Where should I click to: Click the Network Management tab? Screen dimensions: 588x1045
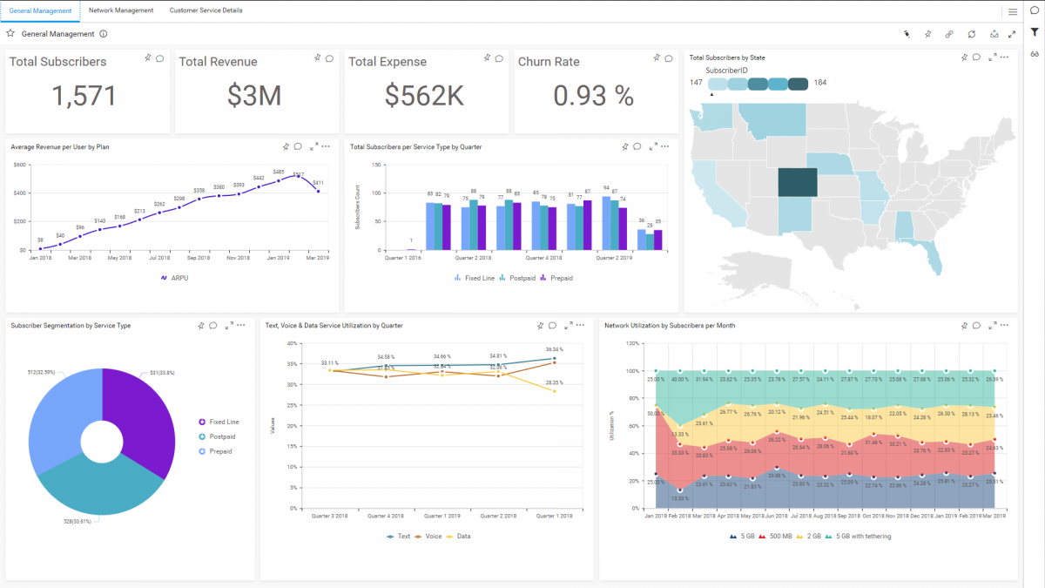tap(121, 10)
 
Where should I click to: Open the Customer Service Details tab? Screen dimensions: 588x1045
tap(206, 10)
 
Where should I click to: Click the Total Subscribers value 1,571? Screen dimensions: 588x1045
tap(84, 96)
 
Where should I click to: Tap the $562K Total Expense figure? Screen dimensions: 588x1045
tap(424, 96)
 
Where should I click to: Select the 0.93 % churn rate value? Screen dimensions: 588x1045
tap(593, 96)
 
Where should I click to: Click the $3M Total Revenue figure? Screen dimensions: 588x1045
tap(254, 96)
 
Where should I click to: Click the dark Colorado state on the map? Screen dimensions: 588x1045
tap(798, 183)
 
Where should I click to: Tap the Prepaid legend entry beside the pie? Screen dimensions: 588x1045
tap(219, 451)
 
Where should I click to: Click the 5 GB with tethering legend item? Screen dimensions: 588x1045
tap(862, 536)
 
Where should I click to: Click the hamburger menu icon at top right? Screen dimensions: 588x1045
tap(1013, 11)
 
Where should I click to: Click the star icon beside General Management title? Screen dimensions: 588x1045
tap(10, 34)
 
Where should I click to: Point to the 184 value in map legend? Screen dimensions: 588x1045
tap(820, 83)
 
